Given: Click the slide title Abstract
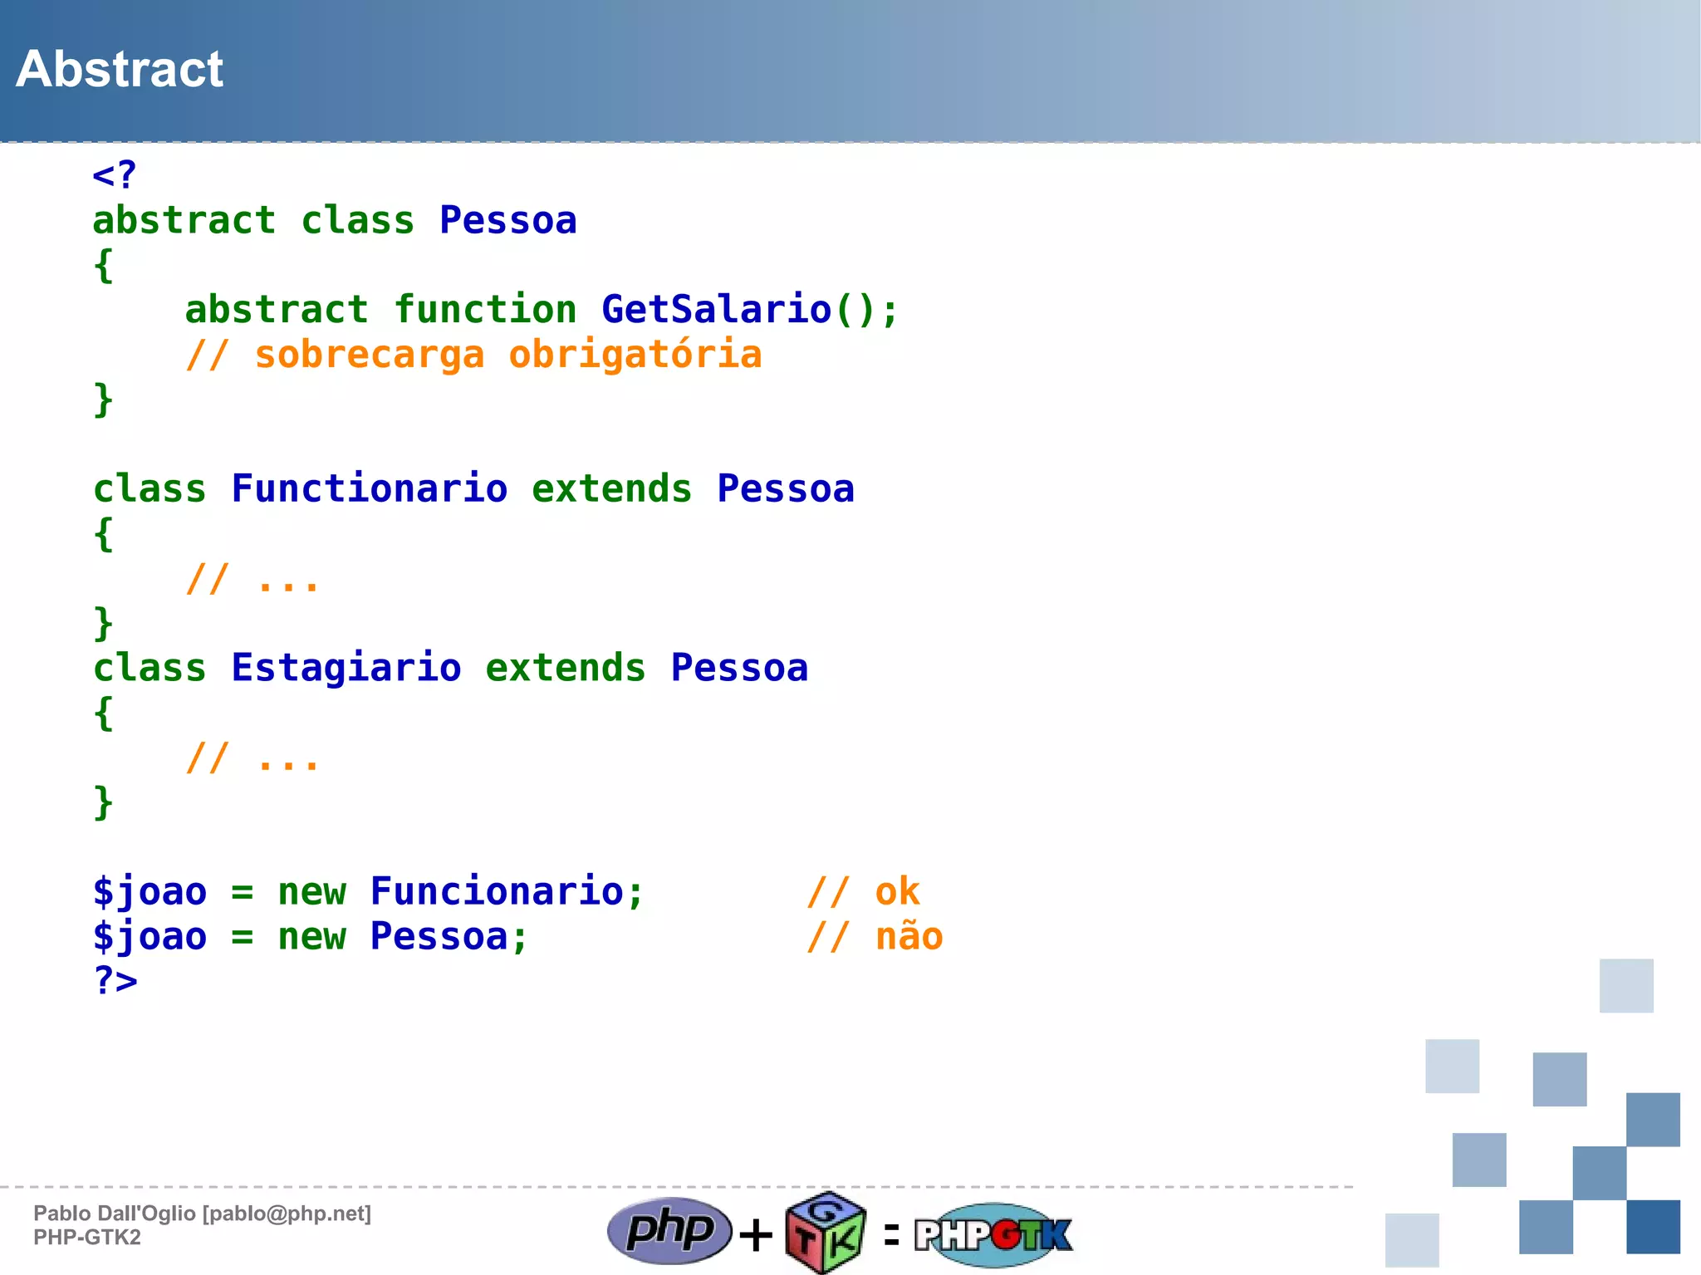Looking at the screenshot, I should (x=120, y=69).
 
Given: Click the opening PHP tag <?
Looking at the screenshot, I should (x=114, y=175).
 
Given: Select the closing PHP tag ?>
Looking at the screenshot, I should (x=115, y=980).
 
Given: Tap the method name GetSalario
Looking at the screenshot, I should (x=716, y=309).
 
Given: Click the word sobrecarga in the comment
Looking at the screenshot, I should (x=369, y=355).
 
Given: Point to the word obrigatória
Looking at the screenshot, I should (x=635, y=355).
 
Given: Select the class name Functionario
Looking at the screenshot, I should (x=369, y=488).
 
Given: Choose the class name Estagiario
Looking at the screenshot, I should (x=346, y=668).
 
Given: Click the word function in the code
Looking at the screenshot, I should (x=485, y=309).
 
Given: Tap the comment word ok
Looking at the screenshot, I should (x=897, y=891).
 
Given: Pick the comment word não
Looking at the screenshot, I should (x=909, y=936).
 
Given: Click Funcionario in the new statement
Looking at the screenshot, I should (x=497, y=891).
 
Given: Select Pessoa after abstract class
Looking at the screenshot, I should (x=507, y=220).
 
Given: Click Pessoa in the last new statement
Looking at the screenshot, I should (x=439, y=936).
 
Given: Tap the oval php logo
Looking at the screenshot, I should (x=669, y=1230).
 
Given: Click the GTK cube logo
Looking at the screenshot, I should (x=826, y=1233).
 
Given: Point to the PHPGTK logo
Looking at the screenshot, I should (x=993, y=1234).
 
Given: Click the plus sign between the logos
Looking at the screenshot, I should (x=756, y=1234).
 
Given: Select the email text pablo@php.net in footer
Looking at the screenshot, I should (x=287, y=1214).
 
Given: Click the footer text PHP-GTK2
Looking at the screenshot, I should (x=87, y=1238).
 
